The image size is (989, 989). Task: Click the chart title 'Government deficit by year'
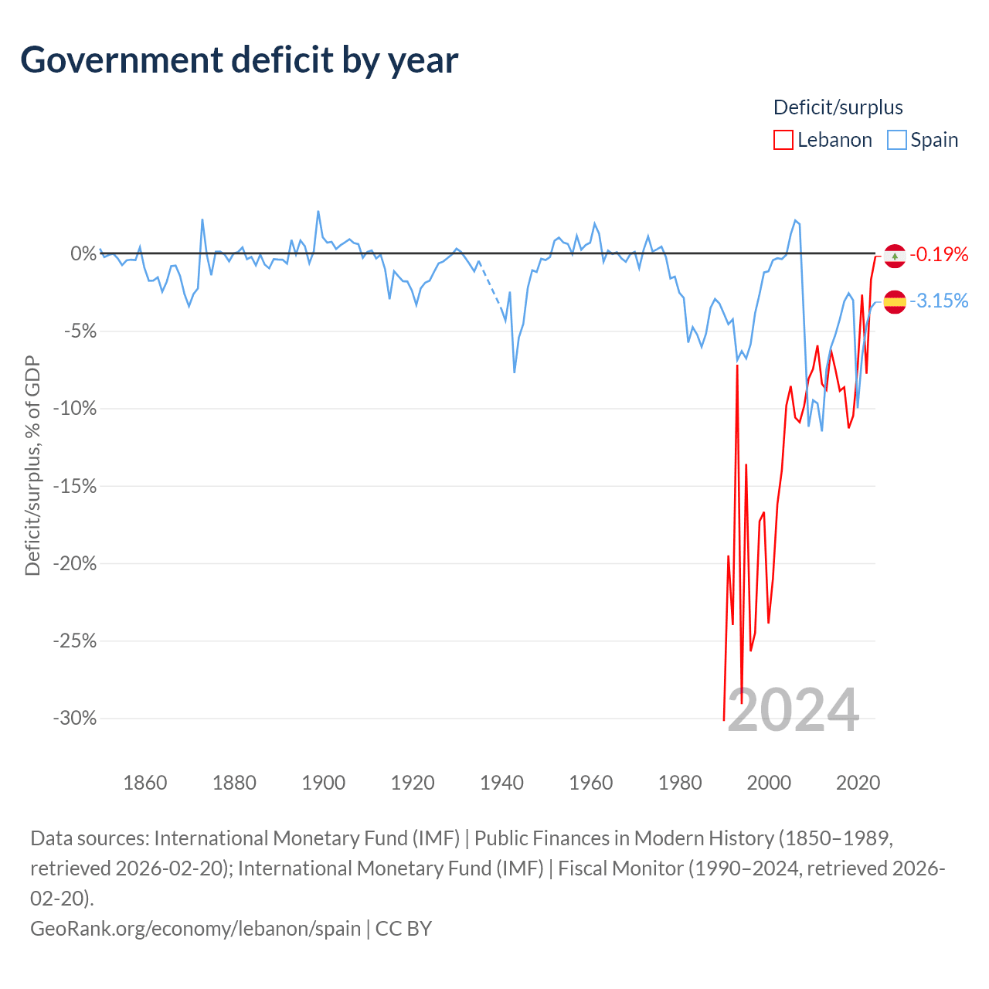tap(239, 60)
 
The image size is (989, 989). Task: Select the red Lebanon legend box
tap(783, 140)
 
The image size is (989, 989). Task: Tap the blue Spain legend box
tap(896, 140)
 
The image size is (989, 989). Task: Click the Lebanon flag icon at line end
tap(895, 256)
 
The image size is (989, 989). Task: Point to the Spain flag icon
tap(895, 302)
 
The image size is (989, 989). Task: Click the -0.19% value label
tap(939, 254)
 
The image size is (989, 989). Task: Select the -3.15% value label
tap(939, 301)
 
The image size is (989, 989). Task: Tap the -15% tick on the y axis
tap(75, 486)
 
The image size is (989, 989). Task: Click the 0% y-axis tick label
tap(83, 253)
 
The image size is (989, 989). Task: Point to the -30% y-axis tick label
tap(75, 718)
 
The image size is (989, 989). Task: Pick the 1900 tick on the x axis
tap(323, 783)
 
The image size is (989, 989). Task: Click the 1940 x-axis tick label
tap(501, 783)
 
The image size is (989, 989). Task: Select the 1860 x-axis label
tap(145, 783)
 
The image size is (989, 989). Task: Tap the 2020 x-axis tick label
tap(858, 783)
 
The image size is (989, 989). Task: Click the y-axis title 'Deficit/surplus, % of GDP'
tap(33, 465)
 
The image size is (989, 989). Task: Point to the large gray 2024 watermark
tap(794, 710)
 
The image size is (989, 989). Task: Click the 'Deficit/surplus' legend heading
tap(838, 107)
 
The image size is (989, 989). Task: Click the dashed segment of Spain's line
tap(491, 290)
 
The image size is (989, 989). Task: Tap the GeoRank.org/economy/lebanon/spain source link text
tap(195, 929)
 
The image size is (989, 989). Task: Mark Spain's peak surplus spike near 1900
tap(318, 212)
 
